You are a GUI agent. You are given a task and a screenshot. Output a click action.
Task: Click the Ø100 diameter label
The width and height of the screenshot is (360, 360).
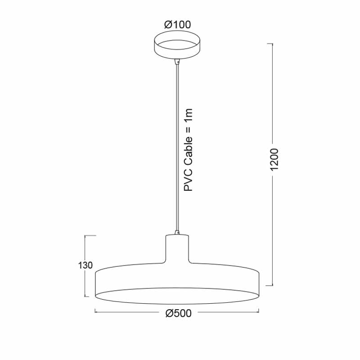tap(177, 25)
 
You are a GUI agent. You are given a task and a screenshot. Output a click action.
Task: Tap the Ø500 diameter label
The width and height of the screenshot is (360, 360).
tap(178, 313)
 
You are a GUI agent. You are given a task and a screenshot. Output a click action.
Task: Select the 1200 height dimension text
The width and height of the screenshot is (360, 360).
tap(274, 160)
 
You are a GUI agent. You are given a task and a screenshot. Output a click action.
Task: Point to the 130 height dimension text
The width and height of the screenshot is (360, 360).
tap(85, 265)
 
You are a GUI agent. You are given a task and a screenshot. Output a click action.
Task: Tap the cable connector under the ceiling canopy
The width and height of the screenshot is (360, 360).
tap(177, 62)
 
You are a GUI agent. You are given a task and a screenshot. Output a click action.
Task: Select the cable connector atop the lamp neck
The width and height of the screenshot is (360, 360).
tap(177, 232)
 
